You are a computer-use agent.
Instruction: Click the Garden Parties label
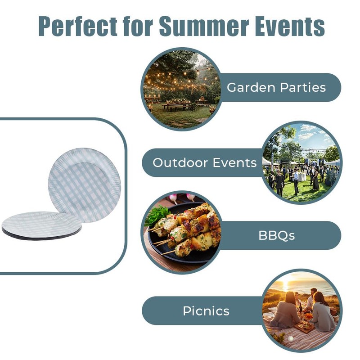(276, 87)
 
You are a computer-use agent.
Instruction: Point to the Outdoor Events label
(204, 162)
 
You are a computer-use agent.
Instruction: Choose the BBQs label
(277, 235)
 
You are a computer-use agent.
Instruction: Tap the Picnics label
(206, 310)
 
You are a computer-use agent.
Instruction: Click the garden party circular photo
(181, 89)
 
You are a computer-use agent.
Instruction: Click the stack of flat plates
(41, 225)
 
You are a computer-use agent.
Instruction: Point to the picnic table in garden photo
(177, 106)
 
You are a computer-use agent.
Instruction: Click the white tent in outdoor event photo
(333, 162)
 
